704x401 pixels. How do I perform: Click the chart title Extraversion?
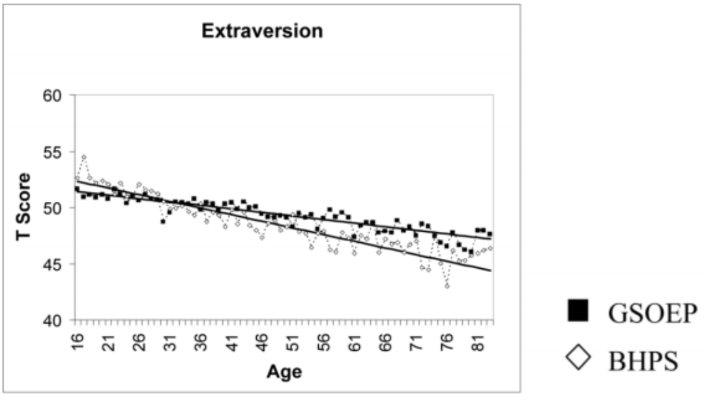[x=262, y=31]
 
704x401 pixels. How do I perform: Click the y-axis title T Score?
[x=23, y=206]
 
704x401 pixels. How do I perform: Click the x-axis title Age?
[x=284, y=372]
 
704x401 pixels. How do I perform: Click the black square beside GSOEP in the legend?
[x=578, y=311]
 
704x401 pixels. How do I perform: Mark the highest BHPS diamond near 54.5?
[x=84, y=157]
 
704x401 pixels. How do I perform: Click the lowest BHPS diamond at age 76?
[x=447, y=286]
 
